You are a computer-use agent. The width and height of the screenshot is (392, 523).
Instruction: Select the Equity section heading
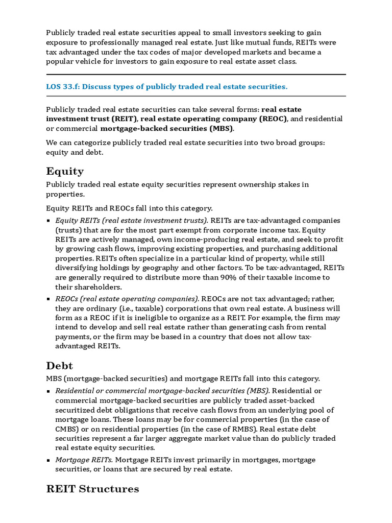[65, 171]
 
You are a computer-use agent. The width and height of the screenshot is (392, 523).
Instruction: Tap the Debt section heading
[60, 366]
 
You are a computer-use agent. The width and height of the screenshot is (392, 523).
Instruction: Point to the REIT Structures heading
[92, 489]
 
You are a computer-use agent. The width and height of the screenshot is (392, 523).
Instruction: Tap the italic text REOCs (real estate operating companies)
[127, 298]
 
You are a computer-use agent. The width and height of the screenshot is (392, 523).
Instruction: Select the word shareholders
[83, 287]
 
